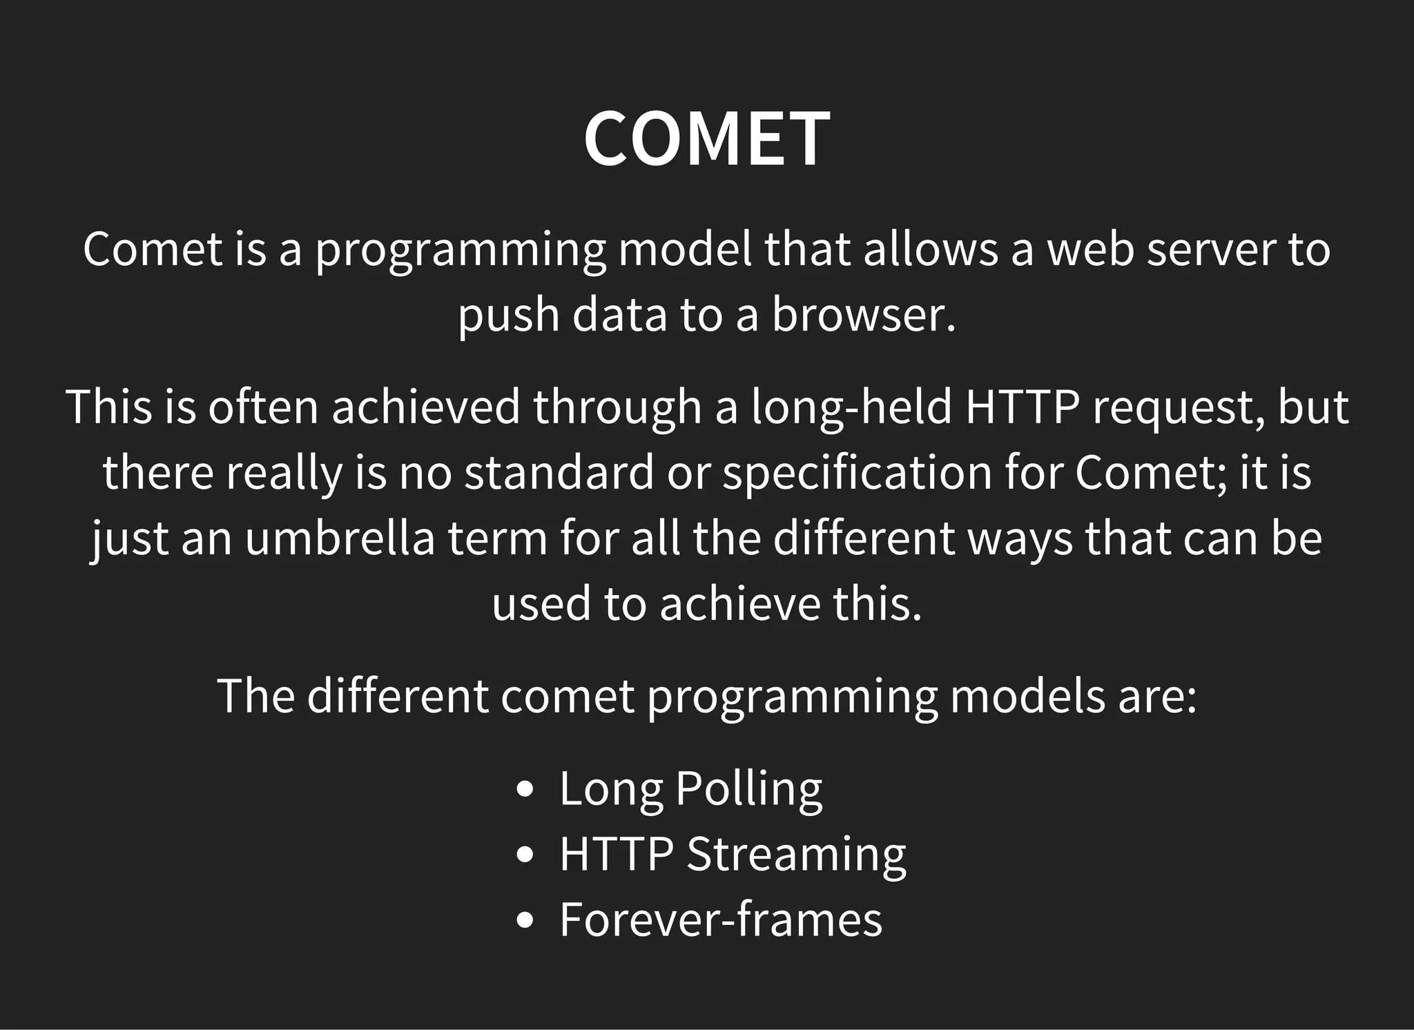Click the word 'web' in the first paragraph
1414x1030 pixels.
1091,249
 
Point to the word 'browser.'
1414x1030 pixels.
864,315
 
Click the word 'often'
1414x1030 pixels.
263,407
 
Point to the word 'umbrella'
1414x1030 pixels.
340,538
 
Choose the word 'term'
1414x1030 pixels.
498,538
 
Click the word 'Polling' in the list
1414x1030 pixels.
749,789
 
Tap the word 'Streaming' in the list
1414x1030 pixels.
796,855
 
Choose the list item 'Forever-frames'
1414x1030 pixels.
721,920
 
